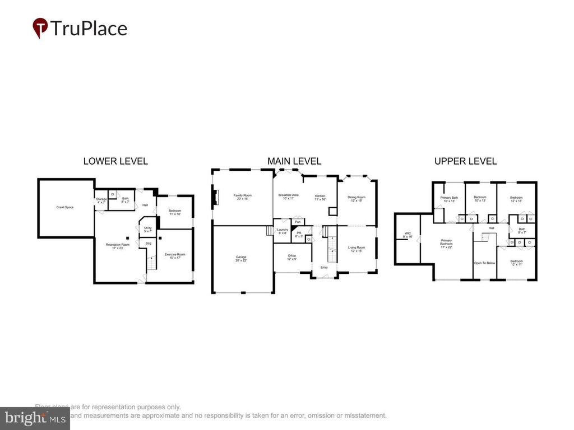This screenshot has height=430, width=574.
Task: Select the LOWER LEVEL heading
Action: (x=115, y=161)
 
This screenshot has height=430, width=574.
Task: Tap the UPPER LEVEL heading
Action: (x=465, y=161)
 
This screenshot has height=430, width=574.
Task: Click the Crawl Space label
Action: (x=64, y=207)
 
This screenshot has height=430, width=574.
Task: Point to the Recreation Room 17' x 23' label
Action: (x=118, y=246)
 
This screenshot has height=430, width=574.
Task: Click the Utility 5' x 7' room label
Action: (x=147, y=229)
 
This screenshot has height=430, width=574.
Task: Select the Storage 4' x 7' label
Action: (x=101, y=200)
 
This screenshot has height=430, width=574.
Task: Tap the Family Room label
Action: (x=242, y=197)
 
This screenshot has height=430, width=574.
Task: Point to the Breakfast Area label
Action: (x=288, y=197)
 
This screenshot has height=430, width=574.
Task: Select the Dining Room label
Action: (x=356, y=198)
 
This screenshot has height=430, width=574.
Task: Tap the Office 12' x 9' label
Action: (x=291, y=257)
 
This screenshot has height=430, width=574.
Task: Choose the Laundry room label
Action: (x=282, y=231)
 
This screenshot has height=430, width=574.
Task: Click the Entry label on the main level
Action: (x=324, y=268)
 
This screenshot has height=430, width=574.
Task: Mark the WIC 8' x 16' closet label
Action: (x=408, y=235)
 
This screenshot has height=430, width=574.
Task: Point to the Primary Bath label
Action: (x=449, y=199)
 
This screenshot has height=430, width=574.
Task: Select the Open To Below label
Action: (x=484, y=263)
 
